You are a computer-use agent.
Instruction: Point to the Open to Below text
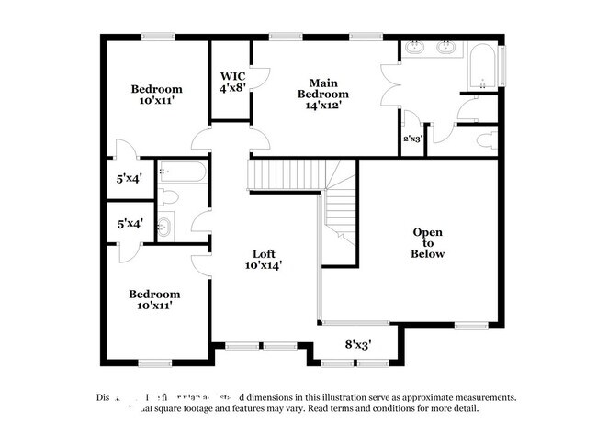[428, 242]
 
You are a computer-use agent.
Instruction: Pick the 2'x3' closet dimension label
[412, 139]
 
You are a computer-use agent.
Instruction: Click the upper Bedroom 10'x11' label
[156, 95]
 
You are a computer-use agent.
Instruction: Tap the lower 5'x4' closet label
[129, 222]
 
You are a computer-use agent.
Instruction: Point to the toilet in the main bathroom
[486, 140]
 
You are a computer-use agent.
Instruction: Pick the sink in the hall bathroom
[165, 227]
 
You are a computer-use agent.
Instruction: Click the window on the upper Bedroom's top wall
[157, 37]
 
